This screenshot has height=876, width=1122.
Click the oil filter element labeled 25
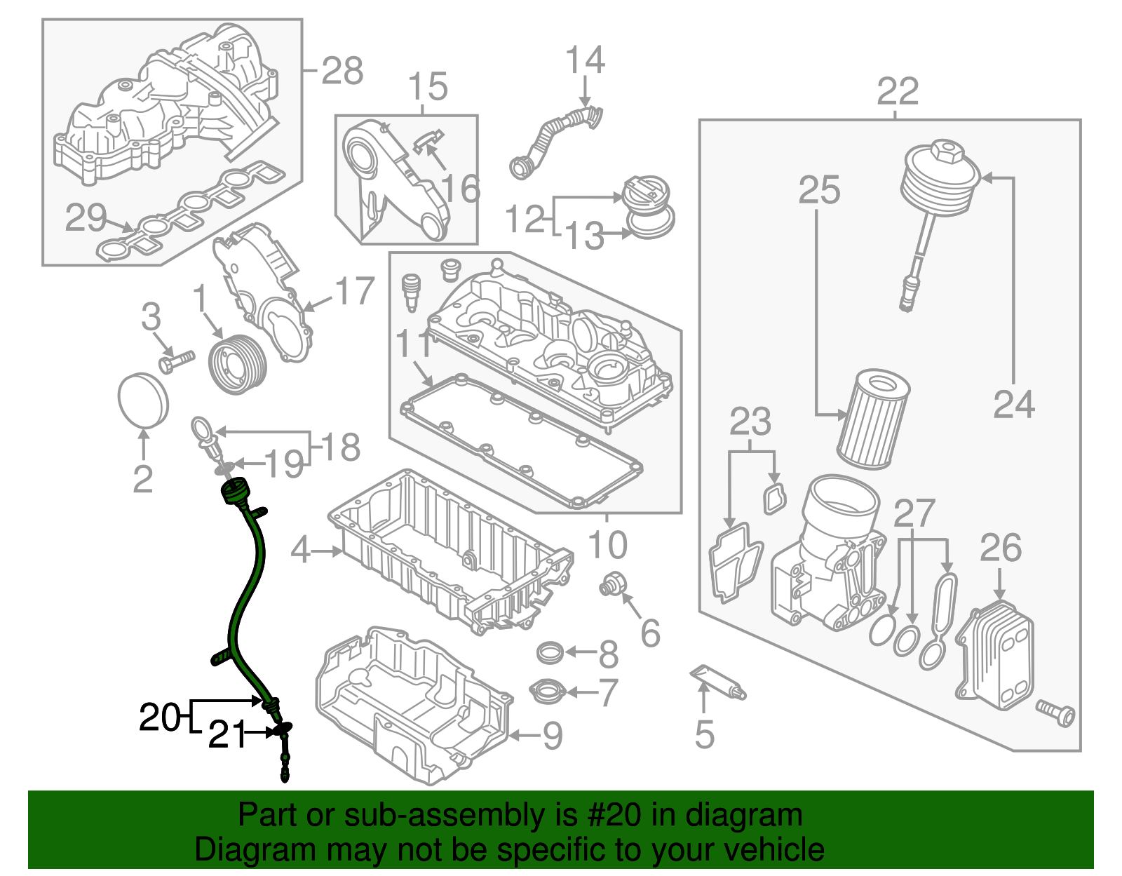872,421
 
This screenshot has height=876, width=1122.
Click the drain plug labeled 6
609,584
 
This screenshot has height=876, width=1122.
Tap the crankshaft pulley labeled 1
238,365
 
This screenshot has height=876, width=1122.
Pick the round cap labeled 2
143,400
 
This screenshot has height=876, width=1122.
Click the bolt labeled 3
175,362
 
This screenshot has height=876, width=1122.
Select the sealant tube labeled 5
719,682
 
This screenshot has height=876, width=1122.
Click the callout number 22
897,91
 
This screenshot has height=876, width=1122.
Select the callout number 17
354,291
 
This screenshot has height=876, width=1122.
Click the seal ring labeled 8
550,653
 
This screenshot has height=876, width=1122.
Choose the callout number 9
553,736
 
